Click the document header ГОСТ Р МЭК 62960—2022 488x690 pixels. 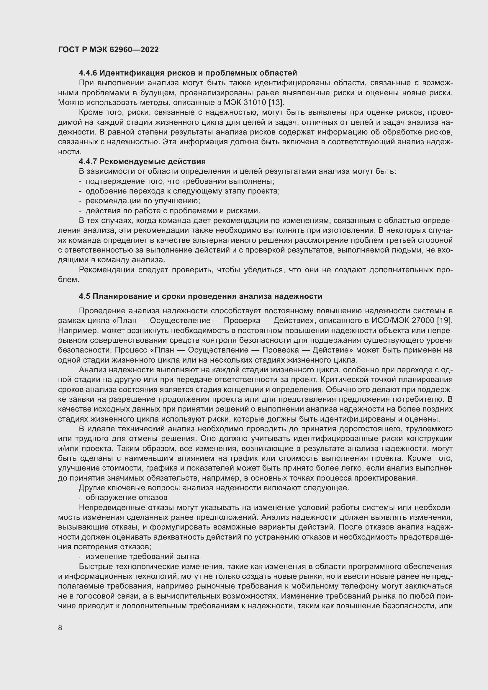(108, 50)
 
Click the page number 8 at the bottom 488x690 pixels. (60, 627)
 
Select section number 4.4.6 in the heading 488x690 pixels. (88, 73)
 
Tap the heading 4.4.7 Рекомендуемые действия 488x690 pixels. (142, 161)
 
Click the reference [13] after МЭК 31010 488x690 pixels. (276, 102)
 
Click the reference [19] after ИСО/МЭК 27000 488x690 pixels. (444, 320)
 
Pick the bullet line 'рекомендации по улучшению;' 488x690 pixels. (143, 201)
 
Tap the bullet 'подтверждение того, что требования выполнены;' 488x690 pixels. (180, 181)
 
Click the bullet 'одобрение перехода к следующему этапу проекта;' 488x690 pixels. (182, 191)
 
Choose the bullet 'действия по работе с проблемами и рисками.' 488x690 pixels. (173, 211)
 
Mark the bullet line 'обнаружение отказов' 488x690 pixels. (126, 497)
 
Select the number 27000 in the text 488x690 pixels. (424, 320)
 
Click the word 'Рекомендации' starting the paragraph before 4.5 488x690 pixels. (107, 270)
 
